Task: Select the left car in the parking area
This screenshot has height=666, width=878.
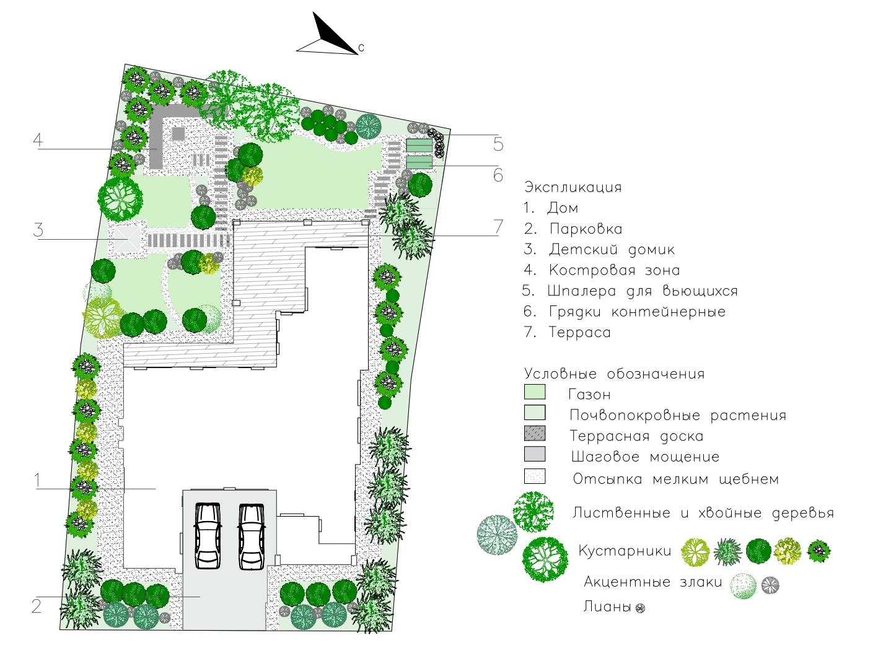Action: (x=208, y=535)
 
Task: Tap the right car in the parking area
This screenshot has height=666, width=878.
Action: (x=252, y=536)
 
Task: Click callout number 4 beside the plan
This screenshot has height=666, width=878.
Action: (x=38, y=140)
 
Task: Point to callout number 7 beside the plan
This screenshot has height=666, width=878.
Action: (x=498, y=227)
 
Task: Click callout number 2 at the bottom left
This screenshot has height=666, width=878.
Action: (x=37, y=607)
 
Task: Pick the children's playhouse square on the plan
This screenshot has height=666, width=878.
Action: (x=128, y=239)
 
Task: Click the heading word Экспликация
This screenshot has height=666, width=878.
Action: (x=573, y=187)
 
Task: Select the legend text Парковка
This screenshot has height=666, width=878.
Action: (x=586, y=229)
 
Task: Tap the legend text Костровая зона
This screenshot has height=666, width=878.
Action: (x=615, y=270)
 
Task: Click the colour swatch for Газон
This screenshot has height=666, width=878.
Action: (x=535, y=392)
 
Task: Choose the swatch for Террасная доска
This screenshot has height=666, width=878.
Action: (x=535, y=433)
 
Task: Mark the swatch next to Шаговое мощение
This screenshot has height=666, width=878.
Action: (x=535, y=454)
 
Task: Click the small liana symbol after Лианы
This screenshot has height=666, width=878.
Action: (x=640, y=608)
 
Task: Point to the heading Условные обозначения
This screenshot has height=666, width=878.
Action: (x=615, y=374)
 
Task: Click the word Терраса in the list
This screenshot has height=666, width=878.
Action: (x=580, y=332)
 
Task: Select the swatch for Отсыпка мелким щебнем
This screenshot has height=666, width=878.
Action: (x=535, y=476)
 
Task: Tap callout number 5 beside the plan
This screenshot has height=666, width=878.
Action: (x=498, y=144)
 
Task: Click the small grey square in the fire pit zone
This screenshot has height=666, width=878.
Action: (x=178, y=134)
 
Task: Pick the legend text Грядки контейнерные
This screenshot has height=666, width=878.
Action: (x=638, y=312)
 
